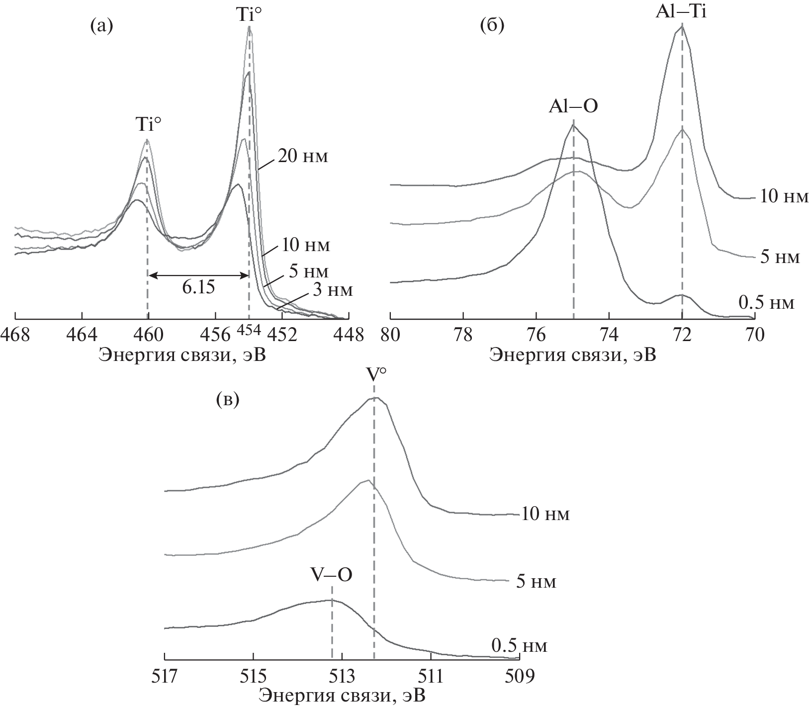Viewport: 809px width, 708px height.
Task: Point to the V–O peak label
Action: (x=332, y=574)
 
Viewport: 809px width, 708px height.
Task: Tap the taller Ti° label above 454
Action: (x=249, y=13)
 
